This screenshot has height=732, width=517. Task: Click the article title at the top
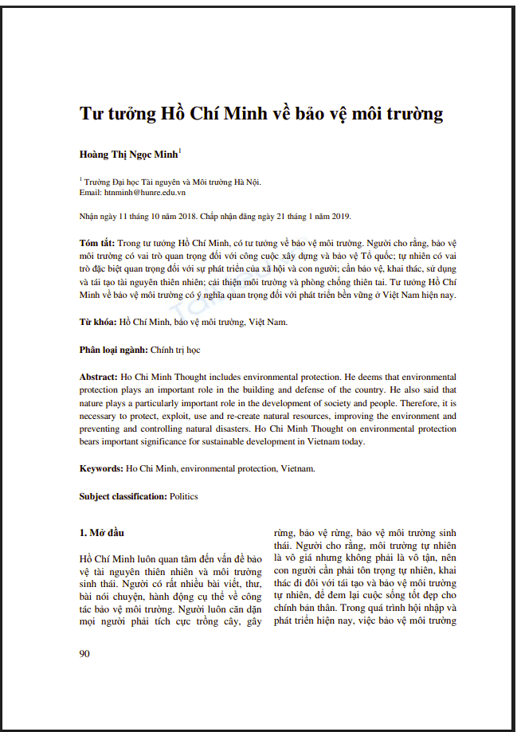pos(261,113)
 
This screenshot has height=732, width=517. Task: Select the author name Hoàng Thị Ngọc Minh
pos(128,154)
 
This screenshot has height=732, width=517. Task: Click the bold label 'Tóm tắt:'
pos(97,242)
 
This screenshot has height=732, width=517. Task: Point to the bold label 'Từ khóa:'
pos(98,323)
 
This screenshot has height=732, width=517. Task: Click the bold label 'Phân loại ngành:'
pos(113,350)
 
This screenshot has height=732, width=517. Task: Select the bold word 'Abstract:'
pos(100,377)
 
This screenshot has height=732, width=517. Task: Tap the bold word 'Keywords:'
pos(101,468)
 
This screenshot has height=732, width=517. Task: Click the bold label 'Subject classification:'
pos(123,496)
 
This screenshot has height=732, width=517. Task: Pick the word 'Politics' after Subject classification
pos(184,496)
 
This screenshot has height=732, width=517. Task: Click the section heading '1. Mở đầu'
pos(101,531)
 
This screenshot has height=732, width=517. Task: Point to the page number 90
pos(84,653)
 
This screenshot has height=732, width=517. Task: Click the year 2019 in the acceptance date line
pos(339,216)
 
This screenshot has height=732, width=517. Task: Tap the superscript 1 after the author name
pos(180,150)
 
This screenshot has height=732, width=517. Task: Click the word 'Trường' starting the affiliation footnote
pos(99,182)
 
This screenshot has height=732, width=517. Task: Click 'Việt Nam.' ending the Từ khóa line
pos(268,323)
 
